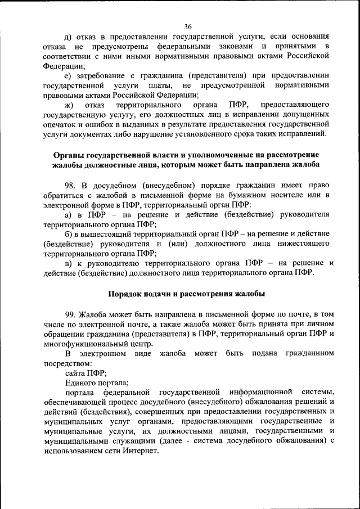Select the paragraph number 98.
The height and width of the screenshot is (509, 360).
pyautogui.click(x=71, y=184)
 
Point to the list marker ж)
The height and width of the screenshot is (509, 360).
pyautogui.click(x=70, y=105)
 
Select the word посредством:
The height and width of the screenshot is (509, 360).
pyautogui.click(x=66, y=363)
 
